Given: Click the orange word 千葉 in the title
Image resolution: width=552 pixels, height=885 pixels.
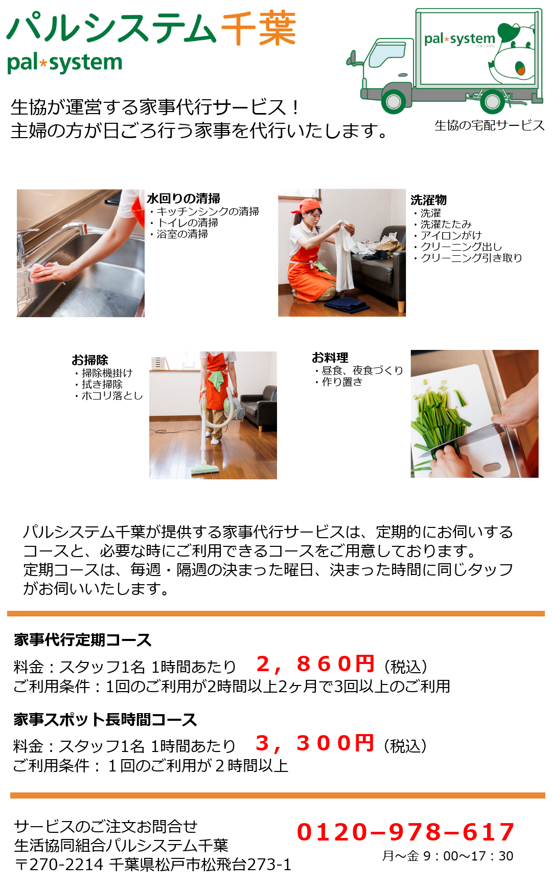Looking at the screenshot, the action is [259, 29].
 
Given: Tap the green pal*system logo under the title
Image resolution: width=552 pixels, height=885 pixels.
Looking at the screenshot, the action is [65, 63].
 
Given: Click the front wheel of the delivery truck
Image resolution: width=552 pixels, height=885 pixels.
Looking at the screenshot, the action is [394, 101].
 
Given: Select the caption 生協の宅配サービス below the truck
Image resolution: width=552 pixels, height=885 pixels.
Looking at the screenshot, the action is [489, 125].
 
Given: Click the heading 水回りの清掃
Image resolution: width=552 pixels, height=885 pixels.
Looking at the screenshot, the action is [183, 198].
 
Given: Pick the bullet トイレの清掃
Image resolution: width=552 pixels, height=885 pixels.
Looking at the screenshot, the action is [185, 223].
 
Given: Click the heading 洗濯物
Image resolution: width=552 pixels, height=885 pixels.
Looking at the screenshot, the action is [428, 200].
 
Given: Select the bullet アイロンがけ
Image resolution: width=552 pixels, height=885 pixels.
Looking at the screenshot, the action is [448, 235].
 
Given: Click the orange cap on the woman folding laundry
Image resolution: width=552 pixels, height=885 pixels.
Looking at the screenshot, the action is [309, 206].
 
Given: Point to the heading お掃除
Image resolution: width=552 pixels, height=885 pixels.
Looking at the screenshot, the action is [90, 360].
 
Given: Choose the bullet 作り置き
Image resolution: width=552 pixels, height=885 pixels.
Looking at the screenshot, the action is [339, 382].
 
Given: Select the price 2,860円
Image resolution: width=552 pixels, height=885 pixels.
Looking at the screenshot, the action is [315, 664].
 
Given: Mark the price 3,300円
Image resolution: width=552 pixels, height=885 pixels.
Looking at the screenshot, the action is [315, 743].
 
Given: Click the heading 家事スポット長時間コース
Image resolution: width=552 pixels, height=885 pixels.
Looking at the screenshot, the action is [105, 720].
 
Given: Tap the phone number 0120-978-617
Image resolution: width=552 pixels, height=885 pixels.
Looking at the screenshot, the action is [406, 832].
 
